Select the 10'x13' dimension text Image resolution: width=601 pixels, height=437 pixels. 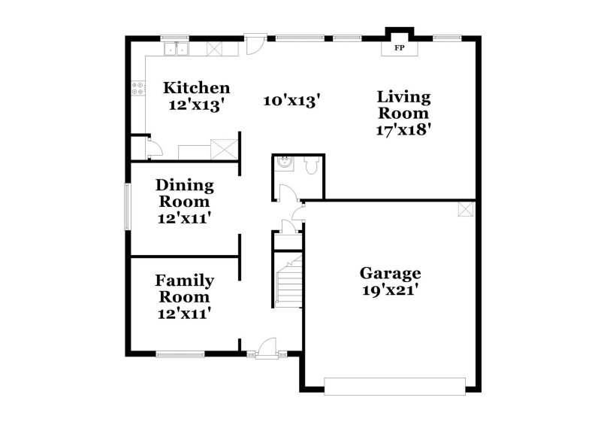(x=292, y=99)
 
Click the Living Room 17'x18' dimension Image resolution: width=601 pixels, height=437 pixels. (x=403, y=129)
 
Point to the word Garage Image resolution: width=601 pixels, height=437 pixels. (x=389, y=272)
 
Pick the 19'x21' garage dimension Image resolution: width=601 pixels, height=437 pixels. (x=389, y=290)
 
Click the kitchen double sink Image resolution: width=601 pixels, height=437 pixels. (x=178, y=50)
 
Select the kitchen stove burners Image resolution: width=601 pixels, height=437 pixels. (x=138, y=89)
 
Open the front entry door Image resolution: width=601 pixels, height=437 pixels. (x=264, y=347)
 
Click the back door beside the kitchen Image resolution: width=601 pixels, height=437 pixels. (x=254, y=44)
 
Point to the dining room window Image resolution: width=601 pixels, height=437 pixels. (x=126, y=205)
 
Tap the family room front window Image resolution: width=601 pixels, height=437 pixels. (x=180, y=353)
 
